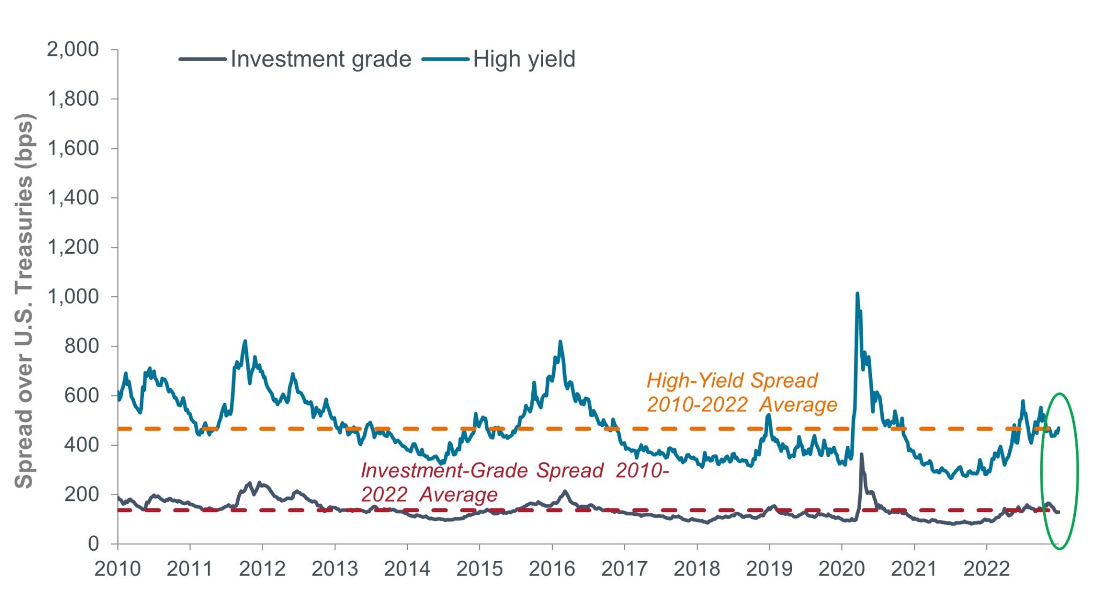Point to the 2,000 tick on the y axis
click(73, 49)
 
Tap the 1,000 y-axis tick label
click(73, 297)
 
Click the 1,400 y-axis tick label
click(73, 198)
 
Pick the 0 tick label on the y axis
click(93, 544)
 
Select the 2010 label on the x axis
click(118, 569)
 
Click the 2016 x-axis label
click(552, 569)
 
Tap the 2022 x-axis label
click(986, 569)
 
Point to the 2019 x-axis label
click(769, 569)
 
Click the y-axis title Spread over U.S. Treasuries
click(24, 300)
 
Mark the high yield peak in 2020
click(857, 293)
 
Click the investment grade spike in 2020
click(861, 455)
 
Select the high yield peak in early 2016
click(560, 342)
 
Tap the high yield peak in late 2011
click(245, 341)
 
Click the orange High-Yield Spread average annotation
click(741, 393)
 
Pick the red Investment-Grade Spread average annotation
click(514, 482)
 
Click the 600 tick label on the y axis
click(82, 396)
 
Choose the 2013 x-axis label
click(334, 569)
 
